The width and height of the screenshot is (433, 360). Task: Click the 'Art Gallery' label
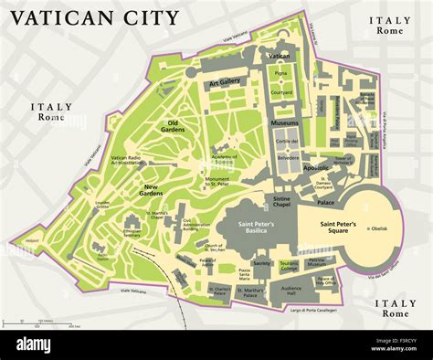[224, 82]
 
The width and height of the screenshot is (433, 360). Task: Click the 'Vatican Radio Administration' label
[129, 161]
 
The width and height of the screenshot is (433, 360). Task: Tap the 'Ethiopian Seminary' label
[132, 232]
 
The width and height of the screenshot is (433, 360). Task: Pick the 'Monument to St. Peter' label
[217, 181]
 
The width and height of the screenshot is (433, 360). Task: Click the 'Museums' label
[284, 122]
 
